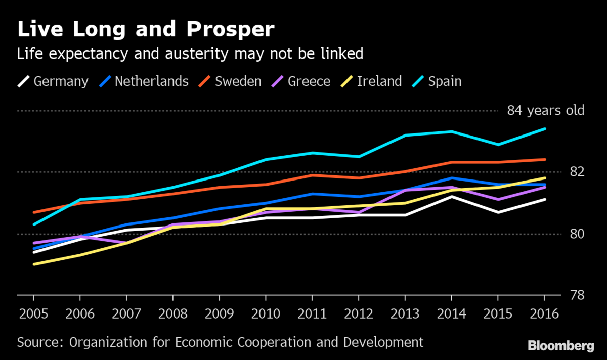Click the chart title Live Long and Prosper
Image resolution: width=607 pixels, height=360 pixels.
(146, 30)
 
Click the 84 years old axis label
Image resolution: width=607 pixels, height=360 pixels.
(545, 111)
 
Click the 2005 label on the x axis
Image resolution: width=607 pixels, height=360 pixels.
(33, 313)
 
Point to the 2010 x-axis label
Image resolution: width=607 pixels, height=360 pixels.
(266, 313)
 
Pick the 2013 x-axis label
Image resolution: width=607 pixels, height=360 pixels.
(405, 313)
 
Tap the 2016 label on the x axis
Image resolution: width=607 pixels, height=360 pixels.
(545, 313)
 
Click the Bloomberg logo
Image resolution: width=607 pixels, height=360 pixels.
(560, 346)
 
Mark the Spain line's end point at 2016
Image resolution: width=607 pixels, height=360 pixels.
(545, 129)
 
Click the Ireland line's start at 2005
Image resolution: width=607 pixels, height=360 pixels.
(33, 264)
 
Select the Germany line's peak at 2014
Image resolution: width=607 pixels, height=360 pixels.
(452, 196)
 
